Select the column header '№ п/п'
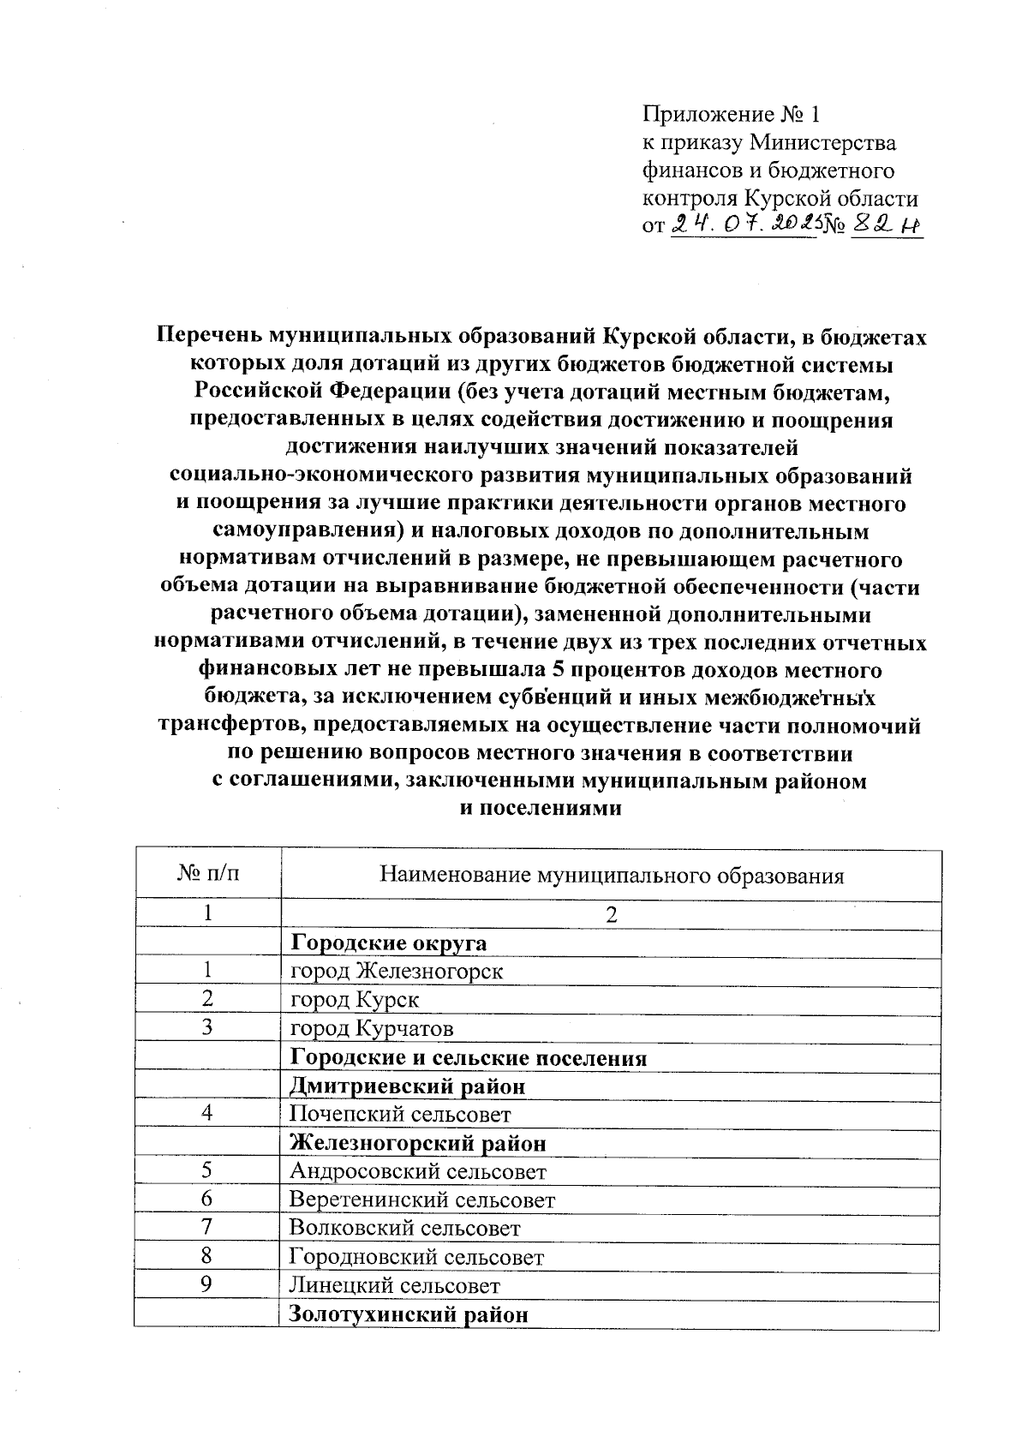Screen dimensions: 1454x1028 pos(207,874)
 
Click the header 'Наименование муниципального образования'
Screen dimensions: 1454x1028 pos(611,875)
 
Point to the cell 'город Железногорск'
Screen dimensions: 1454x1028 pos(397,972)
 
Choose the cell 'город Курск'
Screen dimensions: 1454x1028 pos(355,1000)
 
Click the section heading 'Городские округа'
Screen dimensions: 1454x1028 pos(389,943)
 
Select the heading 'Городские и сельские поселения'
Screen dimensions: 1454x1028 pos(469,1058)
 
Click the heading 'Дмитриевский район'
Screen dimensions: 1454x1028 pos(407,1086)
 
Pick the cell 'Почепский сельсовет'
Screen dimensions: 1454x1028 pos(400,1115)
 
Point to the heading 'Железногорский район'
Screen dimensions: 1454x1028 pos(418,1143)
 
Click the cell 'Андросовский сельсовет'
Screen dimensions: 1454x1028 pos(418,1171)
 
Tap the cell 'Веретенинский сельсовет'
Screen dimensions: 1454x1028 pos(422,1200)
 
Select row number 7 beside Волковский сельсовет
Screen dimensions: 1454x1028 pos(206,1227)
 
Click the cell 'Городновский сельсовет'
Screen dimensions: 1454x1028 pos(416,1257)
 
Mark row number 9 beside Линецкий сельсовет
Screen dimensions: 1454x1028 pos(206,1283)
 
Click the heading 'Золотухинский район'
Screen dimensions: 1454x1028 pos(409,1314)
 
